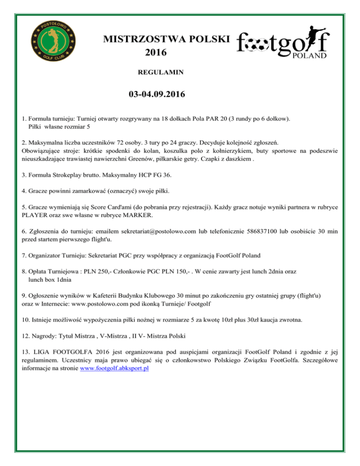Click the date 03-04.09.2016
(x=157, y=95)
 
